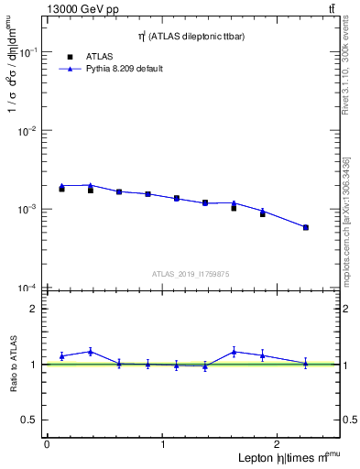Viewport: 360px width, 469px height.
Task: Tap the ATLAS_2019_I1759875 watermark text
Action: click(x=191, y=273)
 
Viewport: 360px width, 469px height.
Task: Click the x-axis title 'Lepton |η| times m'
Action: click(x=283, y=457)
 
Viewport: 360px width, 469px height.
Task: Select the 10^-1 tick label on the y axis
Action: click(x=28, y=53)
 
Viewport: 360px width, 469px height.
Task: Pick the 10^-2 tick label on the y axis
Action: click(x=28, y=132)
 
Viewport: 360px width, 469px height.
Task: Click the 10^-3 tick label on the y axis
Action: click(x=28, y=210)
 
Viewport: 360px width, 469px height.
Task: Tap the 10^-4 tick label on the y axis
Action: click(x=28, y=289)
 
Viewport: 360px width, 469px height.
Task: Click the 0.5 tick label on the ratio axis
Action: click(x=32, y=420)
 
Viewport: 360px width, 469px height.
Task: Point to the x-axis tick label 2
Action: click(x=279, y=444)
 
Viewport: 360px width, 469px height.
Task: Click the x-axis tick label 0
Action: click(x=47, y=444)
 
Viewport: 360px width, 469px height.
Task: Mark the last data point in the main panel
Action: click(x=305, y=227)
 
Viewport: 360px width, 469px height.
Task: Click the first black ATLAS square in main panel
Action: click(x=61, y=189)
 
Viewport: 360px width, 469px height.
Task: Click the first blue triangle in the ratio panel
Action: click(x=61, y=355)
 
